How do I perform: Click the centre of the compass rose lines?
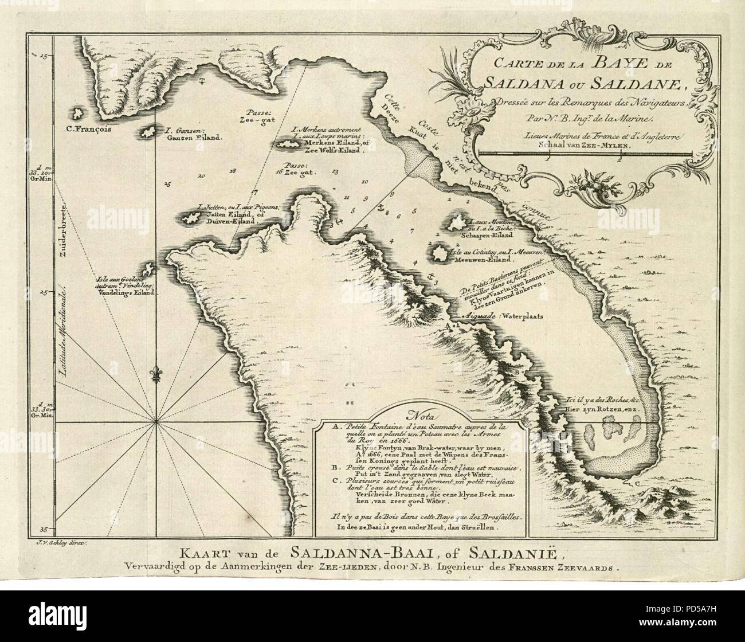[156, 422]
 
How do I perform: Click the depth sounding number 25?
[167, 184]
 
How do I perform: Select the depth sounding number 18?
[232, 171]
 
